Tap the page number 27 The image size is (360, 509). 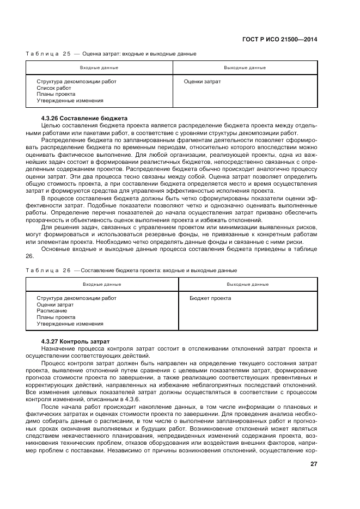tap(314, 464)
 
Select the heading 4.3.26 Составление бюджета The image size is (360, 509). tap(84, 118)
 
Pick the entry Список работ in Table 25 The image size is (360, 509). tap(53, 88)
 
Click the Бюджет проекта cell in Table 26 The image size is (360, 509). tap(210, 298)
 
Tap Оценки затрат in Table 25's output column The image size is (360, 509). tap(203, 82)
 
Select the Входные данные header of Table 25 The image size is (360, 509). tap(99, 68)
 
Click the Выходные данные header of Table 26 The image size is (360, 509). tap(248, 284)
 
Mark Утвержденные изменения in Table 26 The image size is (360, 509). tap(70, 323)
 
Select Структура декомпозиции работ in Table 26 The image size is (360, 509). tap(76, 298)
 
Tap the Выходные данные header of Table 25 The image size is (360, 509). tap(245, 68)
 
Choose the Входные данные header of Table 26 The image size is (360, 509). tap(102, 284)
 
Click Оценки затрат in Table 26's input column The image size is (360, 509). tap(55, 305)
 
